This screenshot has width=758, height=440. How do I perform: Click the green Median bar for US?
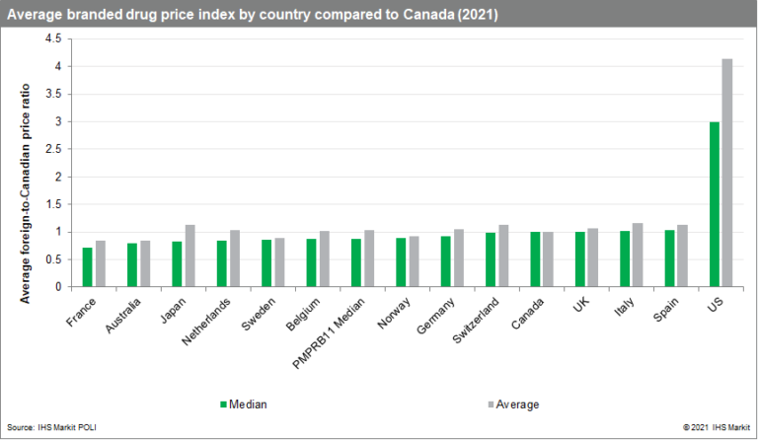[x=715, y=204]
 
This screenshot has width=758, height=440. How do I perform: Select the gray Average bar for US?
[x=726, y=173]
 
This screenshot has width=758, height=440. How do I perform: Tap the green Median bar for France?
[x=88, y=267]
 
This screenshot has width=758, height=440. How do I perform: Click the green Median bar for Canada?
[x=535, y=259]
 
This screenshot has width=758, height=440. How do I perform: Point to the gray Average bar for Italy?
[x=638, y=256]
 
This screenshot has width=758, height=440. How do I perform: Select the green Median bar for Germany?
[x=445, y=261]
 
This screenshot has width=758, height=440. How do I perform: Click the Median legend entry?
[x=243, y=403]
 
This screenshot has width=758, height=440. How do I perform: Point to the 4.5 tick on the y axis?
[x=53, y=38]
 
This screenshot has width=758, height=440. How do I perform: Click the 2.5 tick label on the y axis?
[x=53, y=149]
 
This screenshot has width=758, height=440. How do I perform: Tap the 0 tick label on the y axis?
[x=58, y=287]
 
